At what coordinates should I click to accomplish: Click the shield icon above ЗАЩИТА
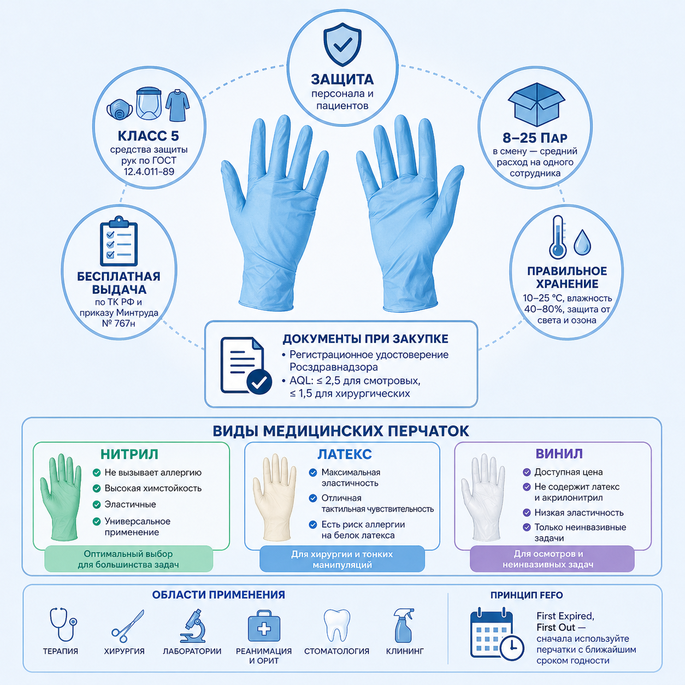click(x=342, y=44)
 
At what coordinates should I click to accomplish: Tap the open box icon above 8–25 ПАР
click(x=536, y=104)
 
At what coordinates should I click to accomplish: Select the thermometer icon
click(x=558, y=237)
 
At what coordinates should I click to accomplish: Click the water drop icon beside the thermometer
click(x=582, y=243)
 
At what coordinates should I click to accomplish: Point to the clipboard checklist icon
click(x=119, y=241)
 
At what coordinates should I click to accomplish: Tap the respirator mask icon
click(x=120, y=109)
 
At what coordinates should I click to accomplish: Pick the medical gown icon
click(x=178, y=105)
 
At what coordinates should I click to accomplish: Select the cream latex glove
click(x=274, y=497)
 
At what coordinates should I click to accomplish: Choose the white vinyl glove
click(x=483, y=497)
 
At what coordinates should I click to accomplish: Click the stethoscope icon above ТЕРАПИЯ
click(x=63, y=624)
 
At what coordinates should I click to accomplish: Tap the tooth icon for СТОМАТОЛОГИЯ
click(x=336, y=625)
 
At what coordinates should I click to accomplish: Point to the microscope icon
click(x=193, y=625)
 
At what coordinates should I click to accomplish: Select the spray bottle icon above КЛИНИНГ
click(x=404, y=625)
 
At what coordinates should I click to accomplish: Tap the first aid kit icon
click(x=264, y=626)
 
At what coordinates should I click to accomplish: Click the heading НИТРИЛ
click(x=129, y=454)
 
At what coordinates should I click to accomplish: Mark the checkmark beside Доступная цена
click(x=527, y=472)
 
